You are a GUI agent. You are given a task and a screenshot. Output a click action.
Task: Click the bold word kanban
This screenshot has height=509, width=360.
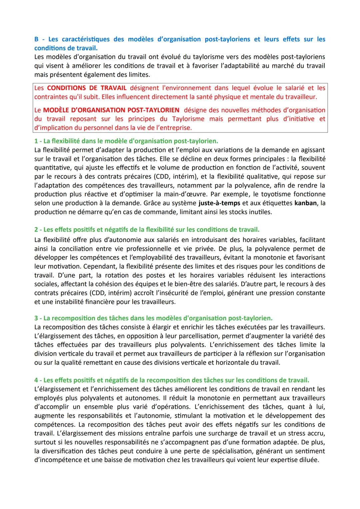pyautogui.click(x=305, y=203)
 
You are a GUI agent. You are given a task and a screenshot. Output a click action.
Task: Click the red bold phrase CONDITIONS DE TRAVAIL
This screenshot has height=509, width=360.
pyautogui.click(x=87, y=88)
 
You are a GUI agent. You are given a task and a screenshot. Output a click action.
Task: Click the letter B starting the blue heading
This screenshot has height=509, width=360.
pyautogui.click(x=36, y=39)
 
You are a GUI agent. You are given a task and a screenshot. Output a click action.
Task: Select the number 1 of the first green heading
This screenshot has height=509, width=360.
pyautogui.click(x=36, y=141)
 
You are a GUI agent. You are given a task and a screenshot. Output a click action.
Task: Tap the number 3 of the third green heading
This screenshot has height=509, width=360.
pyautogui.click(x=36, y=318)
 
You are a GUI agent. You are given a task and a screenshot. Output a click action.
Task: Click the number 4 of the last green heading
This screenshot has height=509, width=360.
pyautogui.click(x=36, y=380)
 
